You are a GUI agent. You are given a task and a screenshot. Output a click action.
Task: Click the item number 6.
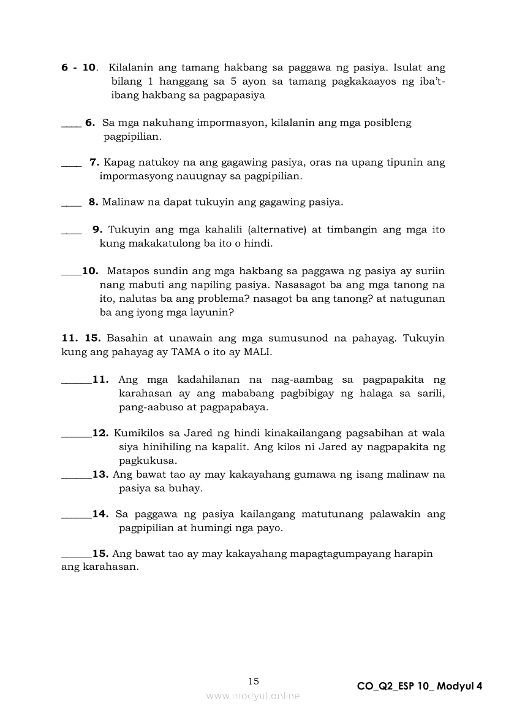(89, 123)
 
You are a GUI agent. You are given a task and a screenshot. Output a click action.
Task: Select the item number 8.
(93, 202)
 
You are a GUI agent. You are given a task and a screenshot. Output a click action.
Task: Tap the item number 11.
(100, 380)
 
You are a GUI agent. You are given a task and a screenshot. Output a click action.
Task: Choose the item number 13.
(100, 474)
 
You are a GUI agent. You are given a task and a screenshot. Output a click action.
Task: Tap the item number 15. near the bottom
(100, 554)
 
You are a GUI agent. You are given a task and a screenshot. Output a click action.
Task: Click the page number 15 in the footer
(254, 681)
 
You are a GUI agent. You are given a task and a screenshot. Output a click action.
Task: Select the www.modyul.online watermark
(253, 696)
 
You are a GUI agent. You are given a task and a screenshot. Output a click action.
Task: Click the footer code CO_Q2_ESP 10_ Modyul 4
(420, 686)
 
